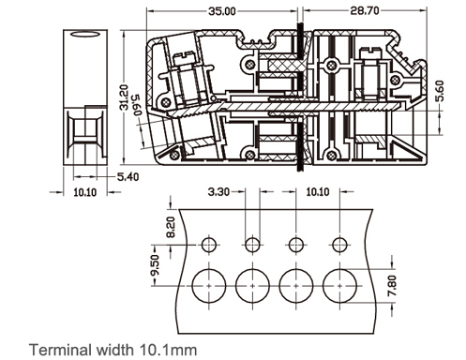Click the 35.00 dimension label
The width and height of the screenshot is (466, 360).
click(222, 11)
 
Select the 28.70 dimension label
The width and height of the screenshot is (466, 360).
click(365, 11)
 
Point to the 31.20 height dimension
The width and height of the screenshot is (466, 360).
click(125, 97)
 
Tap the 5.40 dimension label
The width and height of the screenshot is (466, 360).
click(128, 177)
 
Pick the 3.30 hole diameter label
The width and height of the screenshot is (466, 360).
click(218, 191)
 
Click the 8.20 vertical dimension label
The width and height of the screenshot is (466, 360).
click(171, 228)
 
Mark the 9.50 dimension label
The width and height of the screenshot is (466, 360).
click(155, 265)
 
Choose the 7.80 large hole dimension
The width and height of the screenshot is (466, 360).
click(392, 286)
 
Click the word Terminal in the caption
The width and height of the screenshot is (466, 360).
click(60, 350)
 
